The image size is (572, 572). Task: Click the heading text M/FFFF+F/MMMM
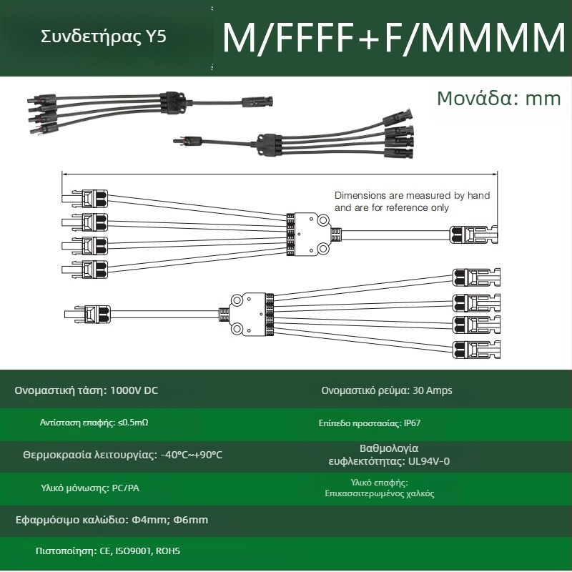click(394, 37)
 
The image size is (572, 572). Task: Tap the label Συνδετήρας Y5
click(104, 36)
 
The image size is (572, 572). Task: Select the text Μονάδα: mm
click(498, 98)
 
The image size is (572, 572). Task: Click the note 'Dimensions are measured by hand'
click(412, 195)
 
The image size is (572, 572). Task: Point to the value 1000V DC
click(134, 390)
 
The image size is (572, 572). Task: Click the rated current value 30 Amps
click(433, 390)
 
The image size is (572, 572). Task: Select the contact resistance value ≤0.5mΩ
click(133, 423)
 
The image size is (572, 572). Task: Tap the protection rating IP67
click(413, 423)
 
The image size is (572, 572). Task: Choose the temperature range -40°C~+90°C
click(192, 455)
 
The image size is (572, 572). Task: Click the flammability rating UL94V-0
click(428, 461)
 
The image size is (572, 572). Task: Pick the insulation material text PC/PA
click(126, 488)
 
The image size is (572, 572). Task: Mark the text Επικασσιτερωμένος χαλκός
click(380, 493)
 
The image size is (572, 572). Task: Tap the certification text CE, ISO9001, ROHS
click(139, 551)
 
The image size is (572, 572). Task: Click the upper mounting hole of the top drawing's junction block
click(323, 220)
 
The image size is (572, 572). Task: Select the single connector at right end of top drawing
click(473, 235)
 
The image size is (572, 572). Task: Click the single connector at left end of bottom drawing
click(87, 314)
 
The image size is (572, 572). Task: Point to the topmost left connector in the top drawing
click(84, 199)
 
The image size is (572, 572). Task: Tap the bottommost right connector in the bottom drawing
click(476, 350)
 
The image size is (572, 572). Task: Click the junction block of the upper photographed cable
click(173, 102)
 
